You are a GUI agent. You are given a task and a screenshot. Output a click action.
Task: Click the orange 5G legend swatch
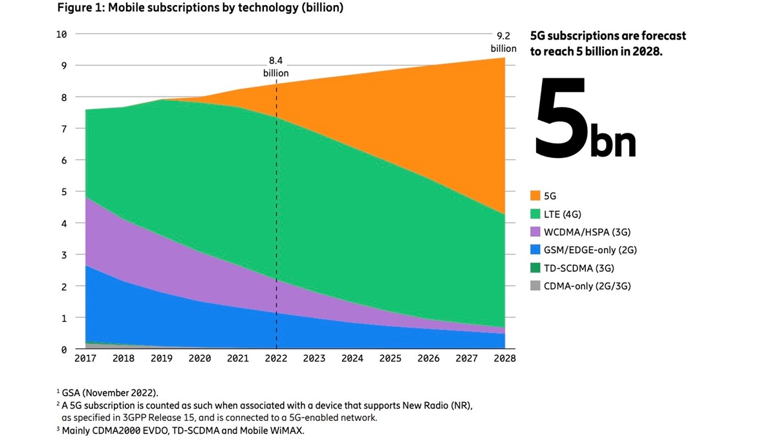point(535,195)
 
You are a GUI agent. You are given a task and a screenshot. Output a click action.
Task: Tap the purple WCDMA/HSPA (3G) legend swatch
point(535,231)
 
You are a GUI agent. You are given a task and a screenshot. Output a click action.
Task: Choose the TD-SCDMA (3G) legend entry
point(579,267)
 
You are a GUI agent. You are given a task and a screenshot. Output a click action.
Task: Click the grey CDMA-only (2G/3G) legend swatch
point(535,286)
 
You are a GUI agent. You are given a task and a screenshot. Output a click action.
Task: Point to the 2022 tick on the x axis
point(276,358)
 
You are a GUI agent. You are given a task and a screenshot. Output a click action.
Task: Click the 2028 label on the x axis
point(504,358)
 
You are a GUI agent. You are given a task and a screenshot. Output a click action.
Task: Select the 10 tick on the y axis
point(61,34)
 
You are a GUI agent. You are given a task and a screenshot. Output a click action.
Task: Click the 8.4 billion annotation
point(276,67)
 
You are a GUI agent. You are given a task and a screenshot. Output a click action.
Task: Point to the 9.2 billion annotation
point(503,43)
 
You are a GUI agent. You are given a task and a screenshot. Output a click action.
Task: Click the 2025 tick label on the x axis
point(391,358)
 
